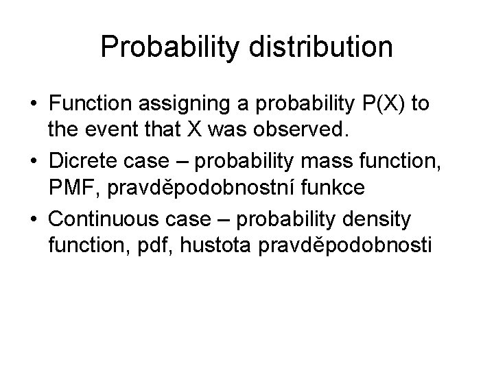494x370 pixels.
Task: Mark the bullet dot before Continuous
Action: [33, 221]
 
